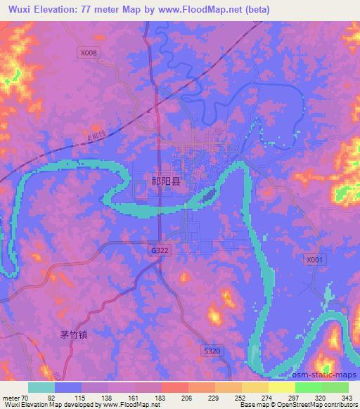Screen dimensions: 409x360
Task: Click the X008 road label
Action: (x=89, y=52)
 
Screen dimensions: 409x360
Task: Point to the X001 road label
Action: (x=316, y=259)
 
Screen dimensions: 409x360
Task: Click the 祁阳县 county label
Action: (x=166, y=181)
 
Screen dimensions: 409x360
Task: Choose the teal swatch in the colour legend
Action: (x=41, y=387)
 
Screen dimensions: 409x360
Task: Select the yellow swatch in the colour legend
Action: (x=254, y=387)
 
